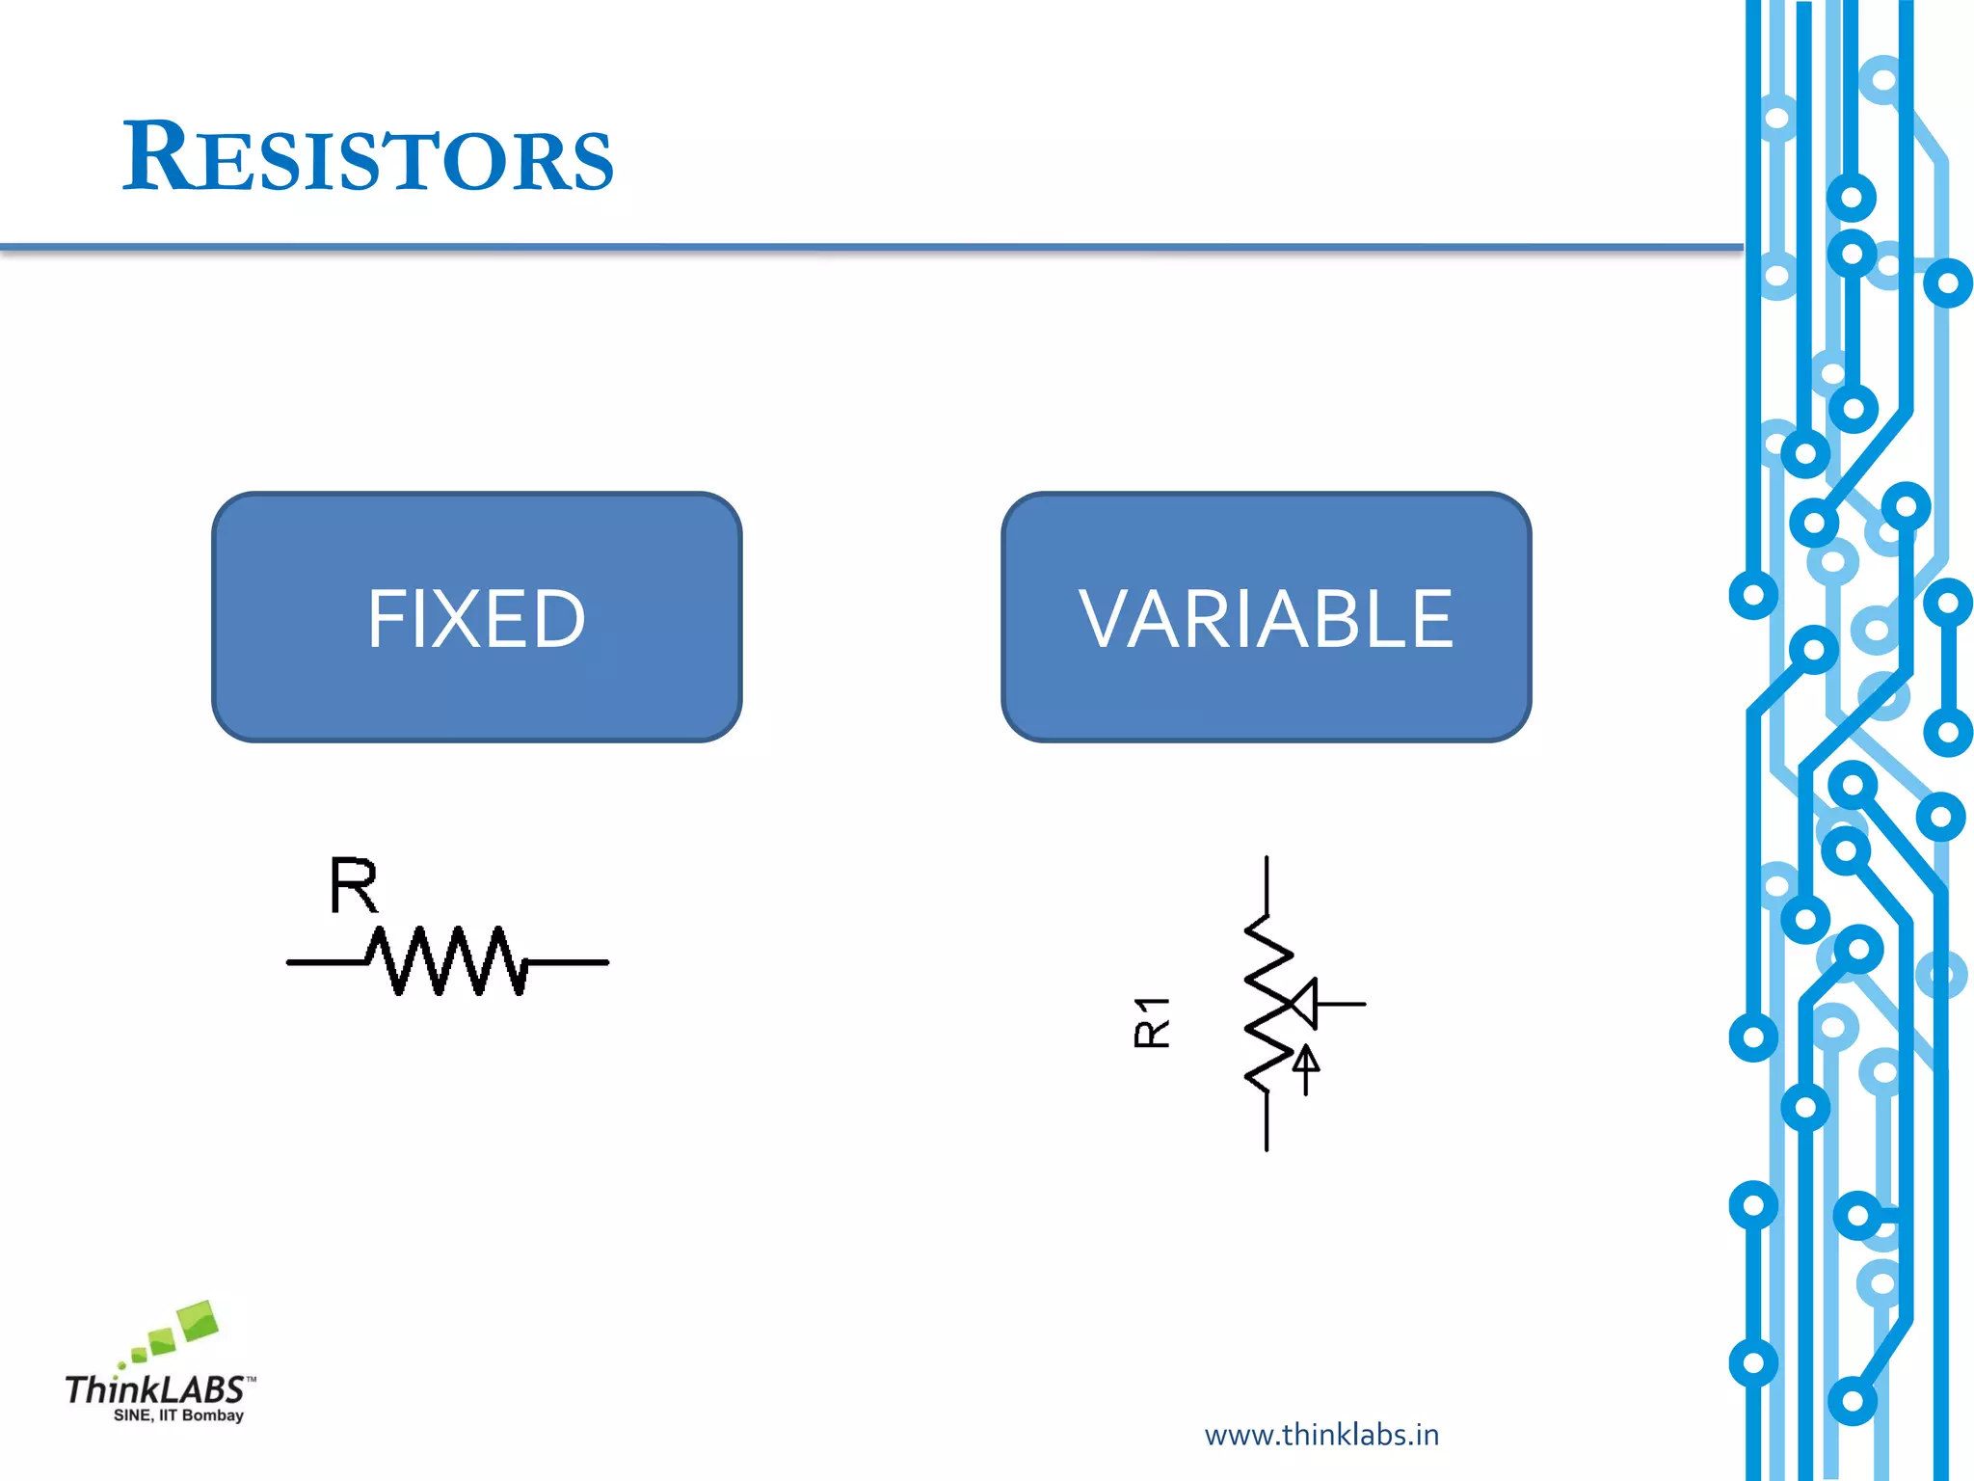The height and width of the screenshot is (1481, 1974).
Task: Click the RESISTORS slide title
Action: click(366, 157)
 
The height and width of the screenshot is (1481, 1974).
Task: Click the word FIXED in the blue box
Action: click(476, 619)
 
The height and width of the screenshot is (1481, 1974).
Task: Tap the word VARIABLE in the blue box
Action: click(1266, 619)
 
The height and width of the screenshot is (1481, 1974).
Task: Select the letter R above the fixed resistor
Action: click(353, 885)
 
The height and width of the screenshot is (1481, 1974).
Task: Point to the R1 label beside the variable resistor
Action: click(1152, 1022)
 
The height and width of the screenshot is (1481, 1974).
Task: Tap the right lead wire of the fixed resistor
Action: click(569, 961)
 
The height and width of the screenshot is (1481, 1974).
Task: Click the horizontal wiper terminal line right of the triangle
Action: click(1341, 1004)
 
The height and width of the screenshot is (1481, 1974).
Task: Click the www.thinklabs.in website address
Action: click(1321, 1435)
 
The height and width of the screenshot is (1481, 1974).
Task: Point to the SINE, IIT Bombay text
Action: click(178, 1415)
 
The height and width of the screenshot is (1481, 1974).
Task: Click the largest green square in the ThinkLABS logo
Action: click(199, 1319)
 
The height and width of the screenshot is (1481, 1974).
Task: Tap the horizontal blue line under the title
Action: click(867, 248)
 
